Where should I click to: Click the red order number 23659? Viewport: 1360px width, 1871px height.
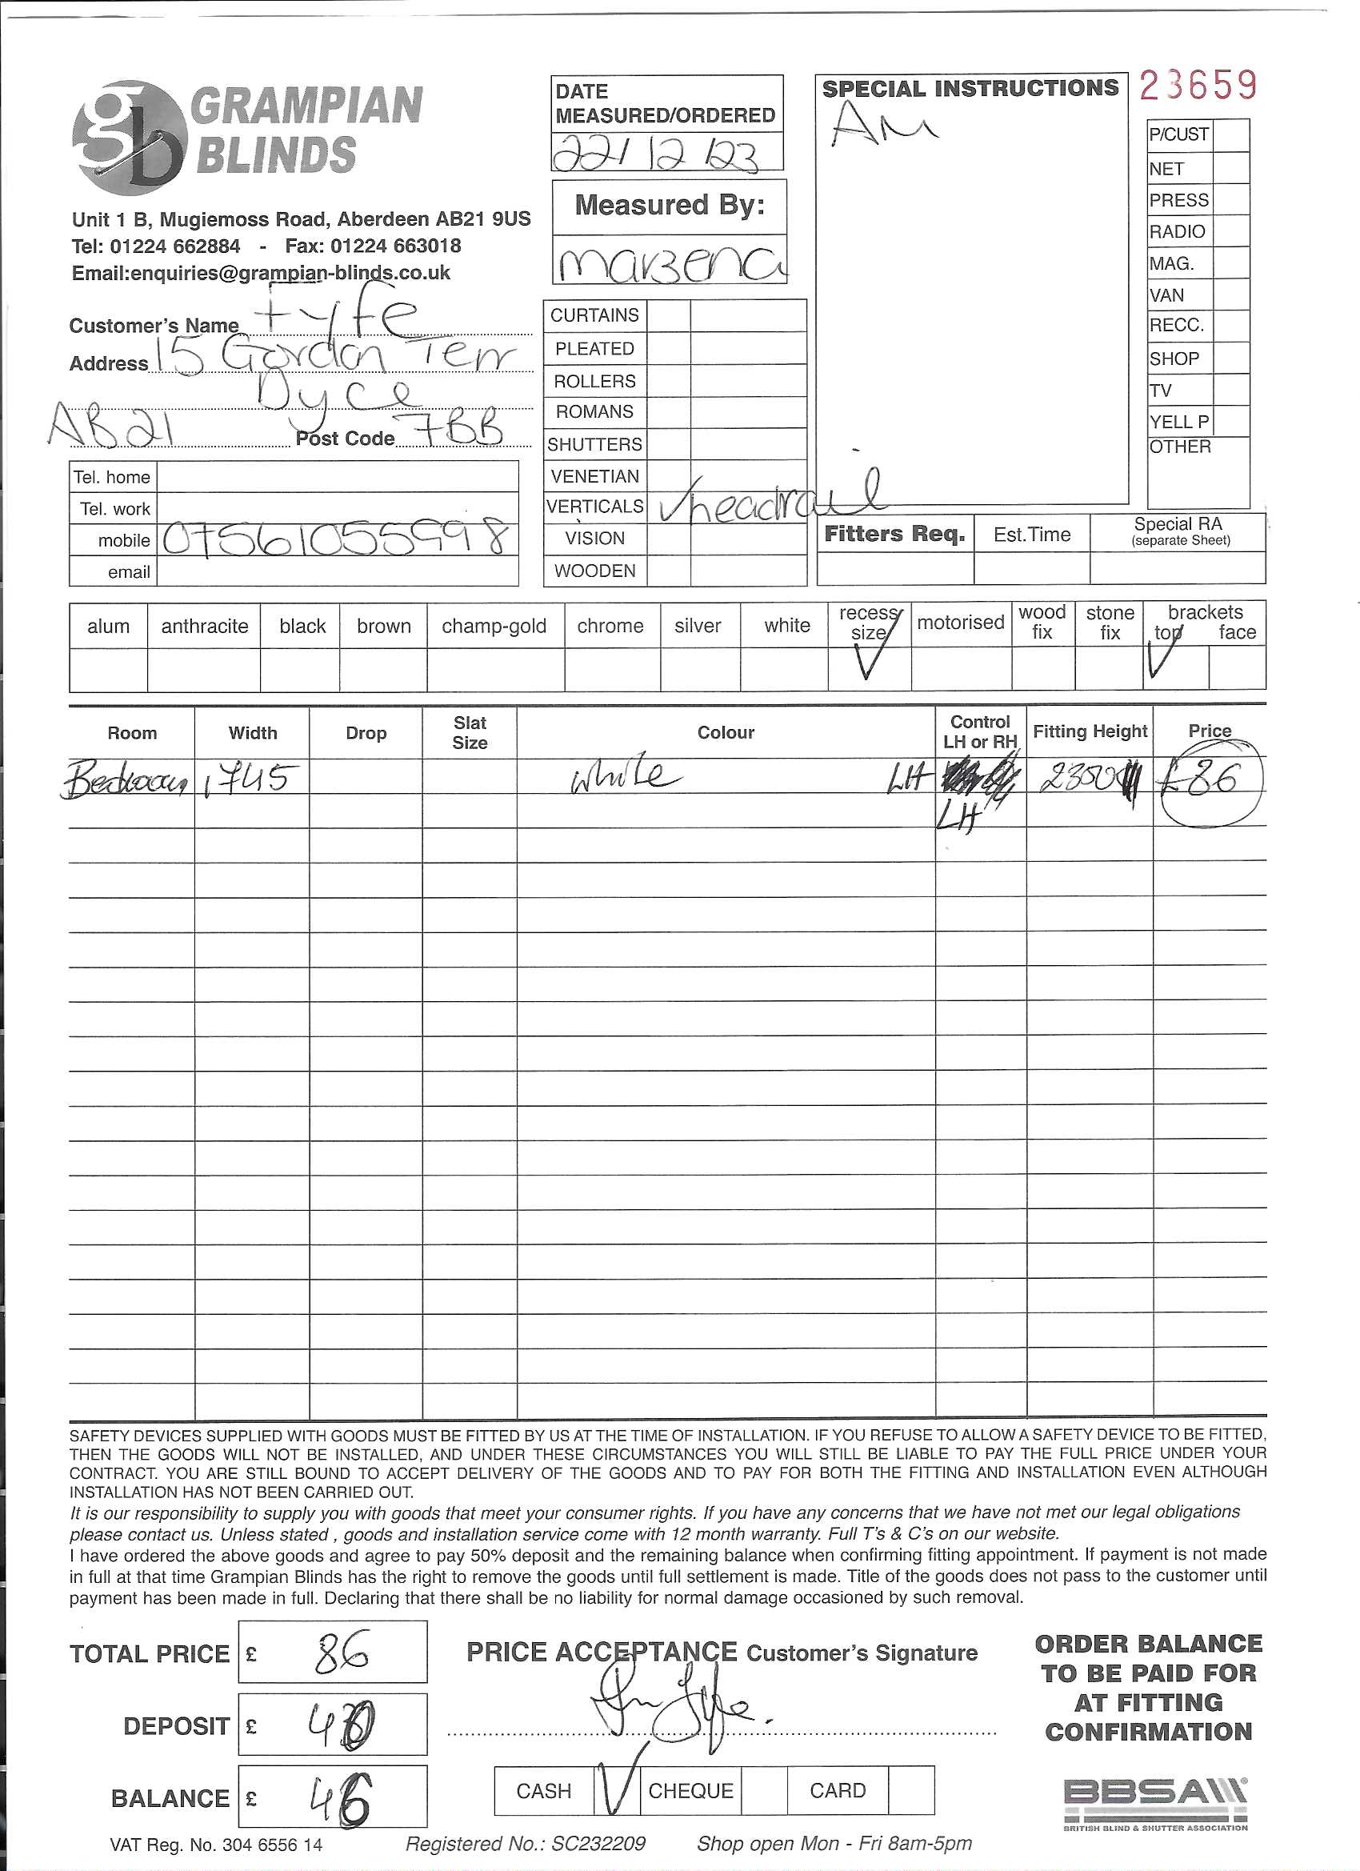(x=1198, y=85)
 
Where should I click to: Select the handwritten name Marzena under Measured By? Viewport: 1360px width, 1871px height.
(x=670, y=262)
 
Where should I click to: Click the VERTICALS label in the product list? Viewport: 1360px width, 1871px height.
(x=594, y=507)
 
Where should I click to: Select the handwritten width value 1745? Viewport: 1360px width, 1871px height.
(x=249, y=777)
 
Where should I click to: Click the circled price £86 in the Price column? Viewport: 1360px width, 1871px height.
(x=1208, y=780)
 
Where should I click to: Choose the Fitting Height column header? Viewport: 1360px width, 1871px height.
(x=1090, y=731)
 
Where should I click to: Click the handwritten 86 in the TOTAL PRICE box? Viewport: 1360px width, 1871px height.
(x=341, y=1652)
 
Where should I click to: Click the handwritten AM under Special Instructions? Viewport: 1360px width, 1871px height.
(x=882, y=126)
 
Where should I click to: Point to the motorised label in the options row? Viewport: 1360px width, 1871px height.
(x=960, y=622)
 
